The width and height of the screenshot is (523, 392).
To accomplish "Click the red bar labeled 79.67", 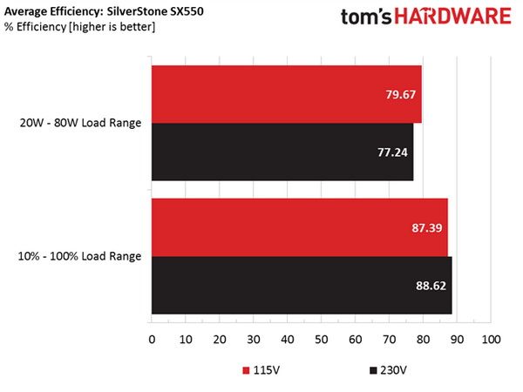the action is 287,94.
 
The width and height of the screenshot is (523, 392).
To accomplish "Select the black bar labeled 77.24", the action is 282,152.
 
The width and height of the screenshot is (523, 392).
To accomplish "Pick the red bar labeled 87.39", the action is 300,227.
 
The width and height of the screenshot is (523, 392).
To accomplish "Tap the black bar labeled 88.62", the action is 302,286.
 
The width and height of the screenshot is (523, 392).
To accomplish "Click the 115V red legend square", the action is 246,371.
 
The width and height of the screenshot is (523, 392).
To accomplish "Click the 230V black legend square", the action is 373,371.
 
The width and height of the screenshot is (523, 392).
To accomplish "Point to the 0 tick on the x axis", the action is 152,340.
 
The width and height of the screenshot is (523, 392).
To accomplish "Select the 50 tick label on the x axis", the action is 321,340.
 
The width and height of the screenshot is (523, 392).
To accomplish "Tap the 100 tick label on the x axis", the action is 491,340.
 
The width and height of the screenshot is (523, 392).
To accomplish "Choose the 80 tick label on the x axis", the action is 423,340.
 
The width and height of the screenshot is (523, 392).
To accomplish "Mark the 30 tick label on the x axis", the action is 254,340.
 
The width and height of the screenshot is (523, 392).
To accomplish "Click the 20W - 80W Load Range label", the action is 80,123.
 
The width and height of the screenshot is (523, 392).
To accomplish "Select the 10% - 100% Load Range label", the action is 79,256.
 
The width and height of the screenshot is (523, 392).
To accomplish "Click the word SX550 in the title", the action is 187,11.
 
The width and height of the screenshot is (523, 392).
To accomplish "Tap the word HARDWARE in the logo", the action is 452,17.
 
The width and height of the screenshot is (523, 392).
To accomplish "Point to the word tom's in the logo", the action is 366,17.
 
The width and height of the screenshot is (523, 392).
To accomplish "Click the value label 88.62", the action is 431,286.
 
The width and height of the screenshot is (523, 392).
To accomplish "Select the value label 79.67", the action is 401,95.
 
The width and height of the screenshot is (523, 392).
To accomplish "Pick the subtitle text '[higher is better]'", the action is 112,27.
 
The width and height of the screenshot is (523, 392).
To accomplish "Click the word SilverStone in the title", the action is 137,11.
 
